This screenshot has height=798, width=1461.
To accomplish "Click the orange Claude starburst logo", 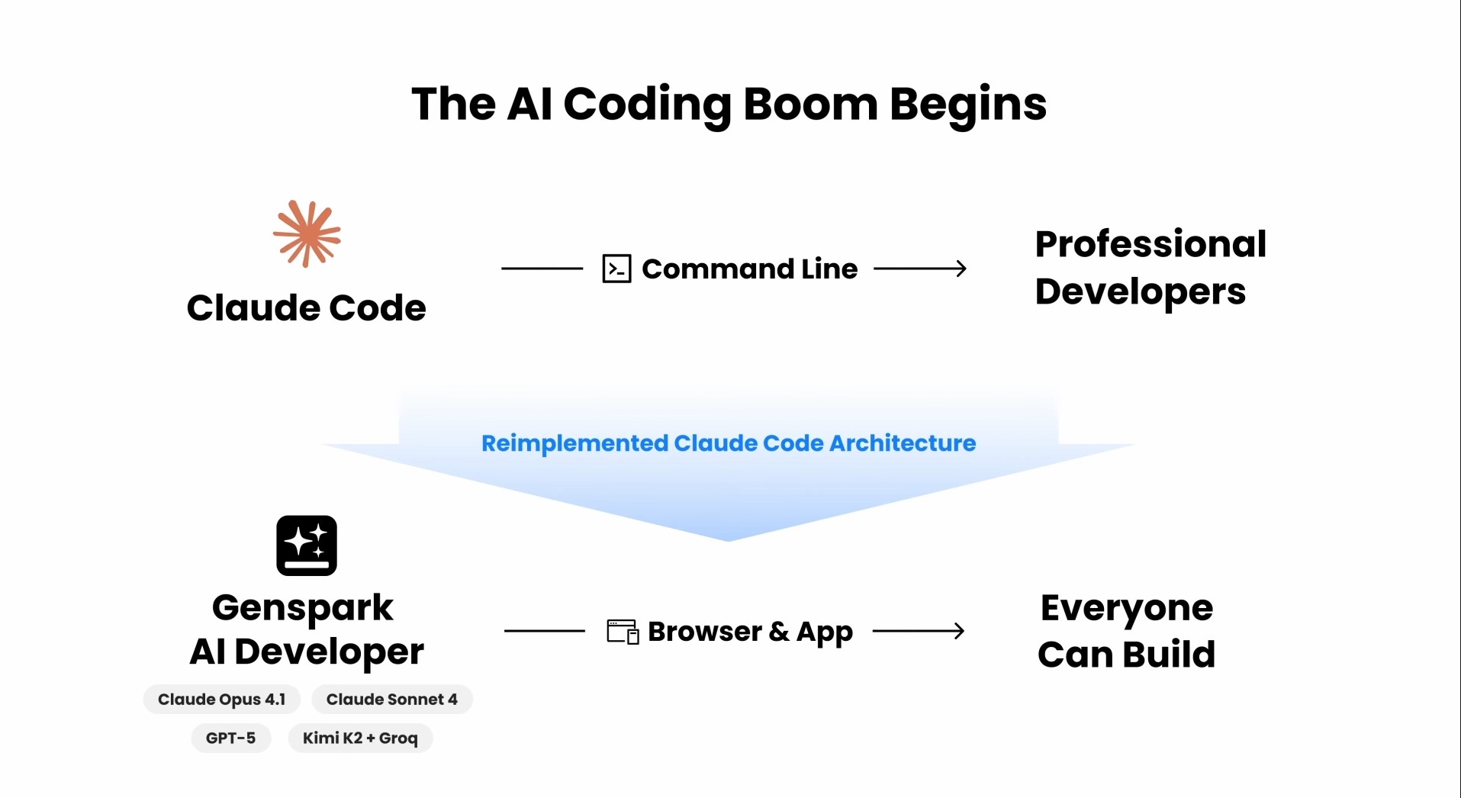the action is [307, 233].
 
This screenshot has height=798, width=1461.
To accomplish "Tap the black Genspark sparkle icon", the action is [307, 545].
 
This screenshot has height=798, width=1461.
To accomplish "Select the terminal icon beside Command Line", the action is [616, 269].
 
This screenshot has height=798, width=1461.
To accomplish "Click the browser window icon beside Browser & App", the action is [623, 632].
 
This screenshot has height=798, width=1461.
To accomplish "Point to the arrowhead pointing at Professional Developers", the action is [961, 269].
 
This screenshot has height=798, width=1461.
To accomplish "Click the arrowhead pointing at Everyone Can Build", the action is [959, 631].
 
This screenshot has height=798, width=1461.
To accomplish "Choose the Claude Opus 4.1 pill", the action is [222, 700].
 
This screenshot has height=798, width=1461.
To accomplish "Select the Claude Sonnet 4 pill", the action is [392, 700].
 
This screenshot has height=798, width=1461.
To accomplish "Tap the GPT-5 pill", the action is [231, 738].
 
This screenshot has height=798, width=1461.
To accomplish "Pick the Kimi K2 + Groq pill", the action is [360, 738].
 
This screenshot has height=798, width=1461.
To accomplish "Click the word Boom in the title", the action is [810, 104].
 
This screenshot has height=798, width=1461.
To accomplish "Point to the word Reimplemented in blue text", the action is [574, 443].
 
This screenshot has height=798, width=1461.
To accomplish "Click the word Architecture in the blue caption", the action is [903, 443].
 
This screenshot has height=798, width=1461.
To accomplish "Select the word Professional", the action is [1150, 244].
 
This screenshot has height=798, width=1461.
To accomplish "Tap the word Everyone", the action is [1127, 609].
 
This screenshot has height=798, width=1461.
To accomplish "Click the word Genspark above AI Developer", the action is [303, 609].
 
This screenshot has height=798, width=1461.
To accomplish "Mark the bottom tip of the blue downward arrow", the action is [729, 541].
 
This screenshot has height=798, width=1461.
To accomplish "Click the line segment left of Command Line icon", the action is [542, 269].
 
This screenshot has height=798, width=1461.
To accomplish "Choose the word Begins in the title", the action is [968, 105].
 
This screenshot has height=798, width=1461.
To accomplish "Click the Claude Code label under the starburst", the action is [307, 308].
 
